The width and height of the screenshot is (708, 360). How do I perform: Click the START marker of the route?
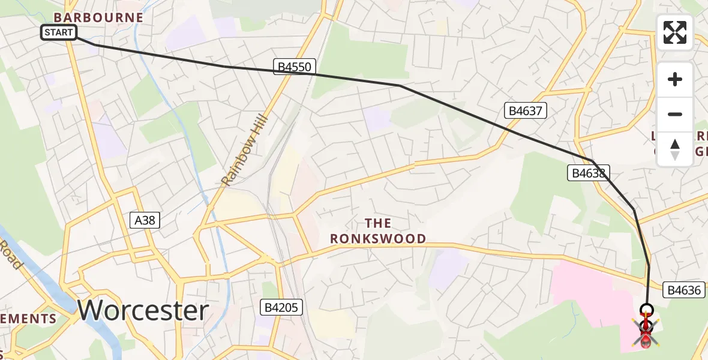pyautogui.click(x=59, y=32)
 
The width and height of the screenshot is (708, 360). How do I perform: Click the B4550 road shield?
pyautogui.click(x=295, y=67)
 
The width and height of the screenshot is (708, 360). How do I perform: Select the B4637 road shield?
pyautogui.click(x=526, y=110)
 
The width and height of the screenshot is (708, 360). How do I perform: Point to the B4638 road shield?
pyautogui.click(x=589, y=173)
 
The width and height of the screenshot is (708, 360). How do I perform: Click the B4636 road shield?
pyautogui.click(x=683, y=290)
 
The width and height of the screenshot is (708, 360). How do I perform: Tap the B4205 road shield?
pyautogui.click(x=282, y=308)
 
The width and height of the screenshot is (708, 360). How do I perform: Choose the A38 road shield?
pyautogui.click(x=145, y=220)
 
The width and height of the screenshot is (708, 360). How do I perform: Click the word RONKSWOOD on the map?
pyautogui.click(x=379, y=239)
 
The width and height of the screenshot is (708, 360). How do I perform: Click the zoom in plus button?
pyautogui.click(x=675, y=79)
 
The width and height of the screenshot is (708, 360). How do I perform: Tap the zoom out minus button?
pyautogui.click(x=675, y=114)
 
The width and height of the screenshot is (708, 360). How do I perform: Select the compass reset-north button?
pyautogui.click(x=675, y=149)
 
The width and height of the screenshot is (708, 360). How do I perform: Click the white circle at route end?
pyautogui.click(x=646, y=310)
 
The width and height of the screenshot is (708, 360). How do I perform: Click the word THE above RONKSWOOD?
pyautogui.click(x=378, y=223)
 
